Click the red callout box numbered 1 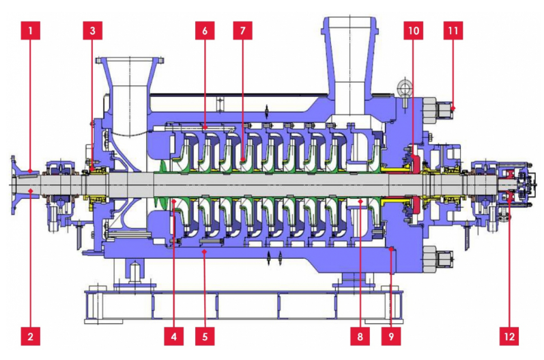[x=31, y=31]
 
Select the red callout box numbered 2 [x=31, y=336]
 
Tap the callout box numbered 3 [x=92, y=31]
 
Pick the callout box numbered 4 [x=174, y=336]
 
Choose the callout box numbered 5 [x=205, y=336]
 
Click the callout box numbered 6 [x=205, y=31]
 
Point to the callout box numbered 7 [x=242, y=31]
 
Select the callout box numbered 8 [x=360, y=336]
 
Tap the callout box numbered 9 [x=391, y=336]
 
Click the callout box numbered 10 [x=413, y=31]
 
